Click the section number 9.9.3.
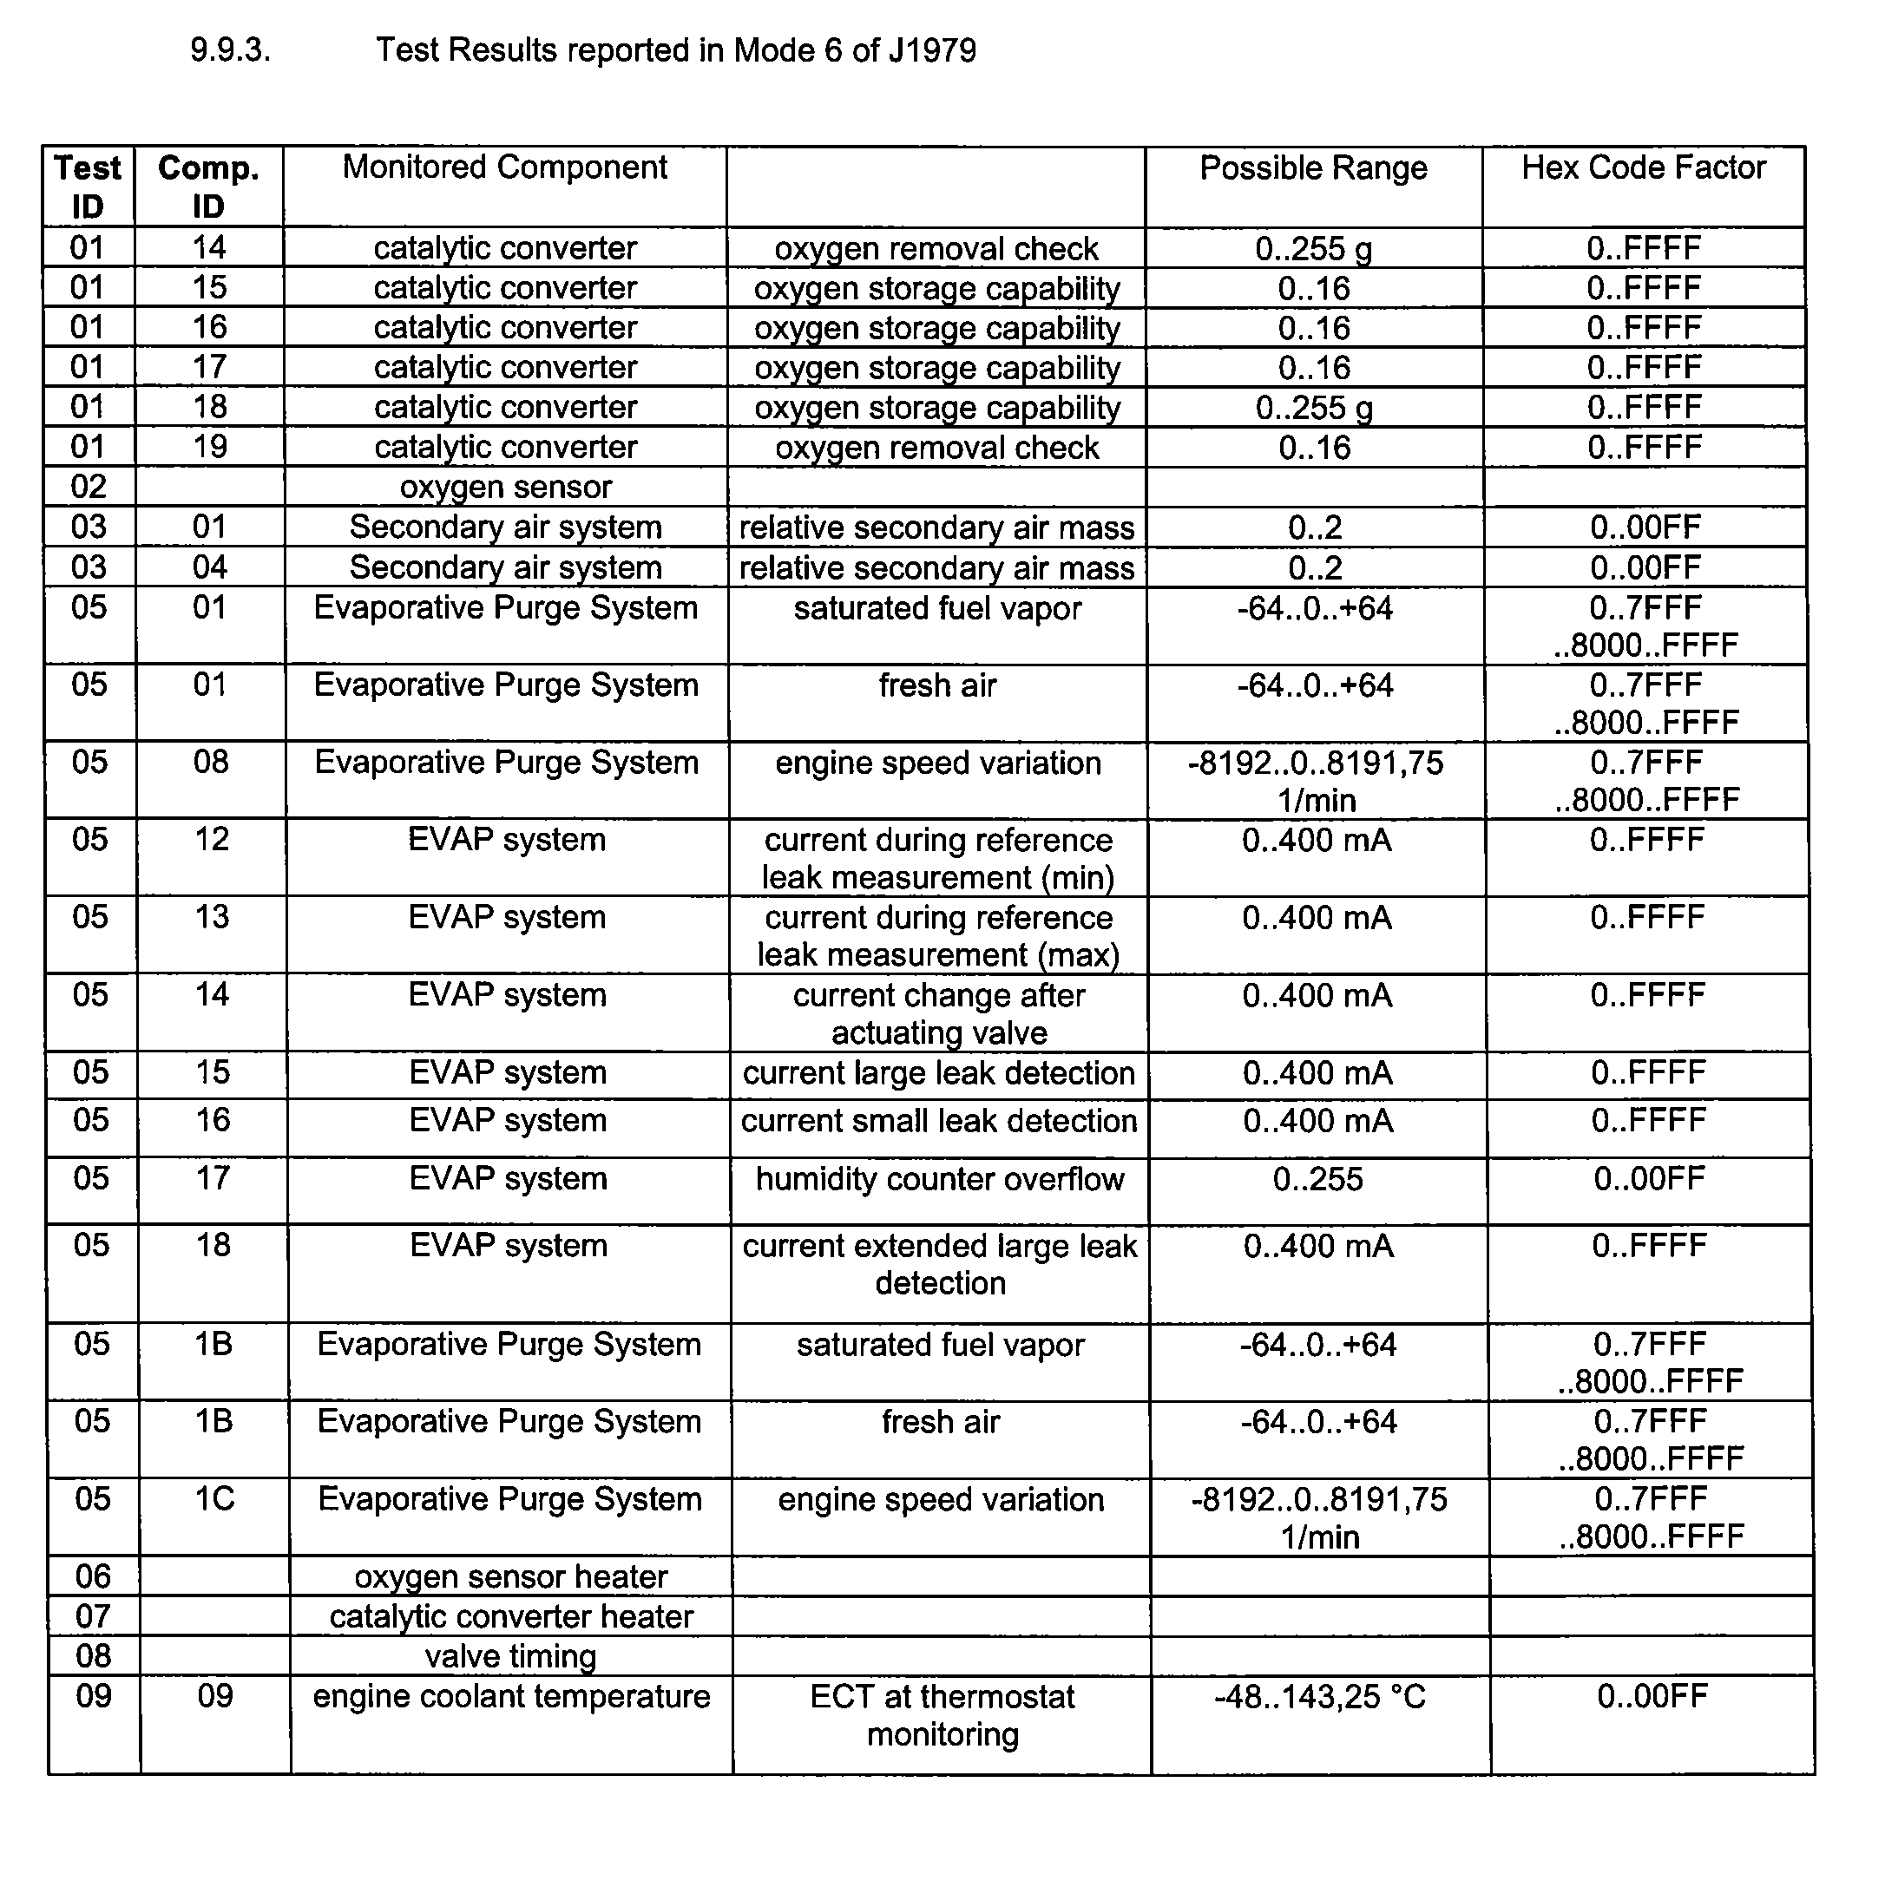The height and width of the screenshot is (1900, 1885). coord(230,50)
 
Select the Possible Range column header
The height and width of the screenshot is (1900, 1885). coord(1312,168)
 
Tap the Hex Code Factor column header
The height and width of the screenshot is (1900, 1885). coord(1643,168)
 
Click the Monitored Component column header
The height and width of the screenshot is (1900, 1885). coord(505,167)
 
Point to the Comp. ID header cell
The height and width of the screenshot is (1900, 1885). coord(208,187)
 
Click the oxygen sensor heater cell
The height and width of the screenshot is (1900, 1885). coord(510,1576)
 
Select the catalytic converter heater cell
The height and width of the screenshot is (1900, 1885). coord(510,1617)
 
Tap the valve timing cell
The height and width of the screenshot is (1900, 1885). coord(510,1656)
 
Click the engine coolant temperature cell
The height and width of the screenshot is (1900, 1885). coord(510,1696)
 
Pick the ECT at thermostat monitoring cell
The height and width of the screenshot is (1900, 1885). coord(942,1715)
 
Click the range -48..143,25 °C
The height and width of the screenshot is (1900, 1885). coord(1319,1696)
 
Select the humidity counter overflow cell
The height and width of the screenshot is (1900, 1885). coord(940,1179)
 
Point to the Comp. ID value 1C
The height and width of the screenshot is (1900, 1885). coord(213,1499)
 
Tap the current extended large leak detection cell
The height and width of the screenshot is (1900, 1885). coord(940,1265)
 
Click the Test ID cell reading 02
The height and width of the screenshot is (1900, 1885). coord(89,487)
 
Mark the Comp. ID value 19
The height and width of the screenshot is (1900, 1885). coord(209,447)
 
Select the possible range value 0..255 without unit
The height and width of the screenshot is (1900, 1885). coord(1317,1179)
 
